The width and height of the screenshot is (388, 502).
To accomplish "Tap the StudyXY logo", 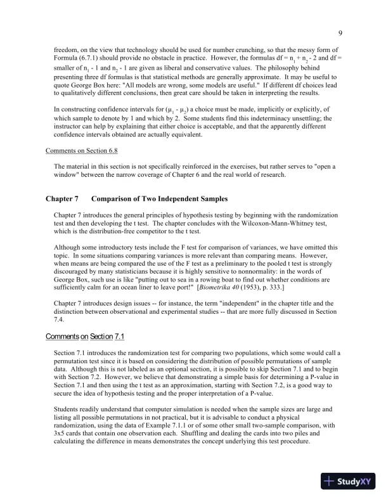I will (347, 481).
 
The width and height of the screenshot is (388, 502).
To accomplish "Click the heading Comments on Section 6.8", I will (82, 151).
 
